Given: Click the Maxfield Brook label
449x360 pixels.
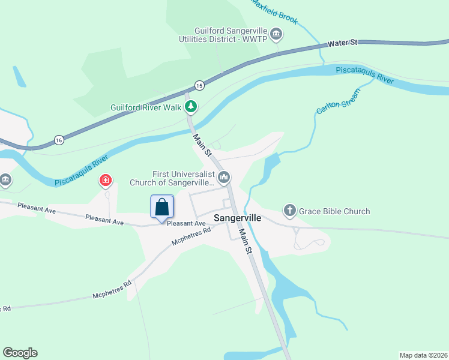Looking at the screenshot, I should [x=274, y=11].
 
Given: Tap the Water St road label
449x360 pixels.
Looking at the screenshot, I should [x=342, y=43].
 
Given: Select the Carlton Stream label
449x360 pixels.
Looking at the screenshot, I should [x=338, y=101].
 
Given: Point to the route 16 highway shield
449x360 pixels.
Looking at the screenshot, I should [x=58, y=139].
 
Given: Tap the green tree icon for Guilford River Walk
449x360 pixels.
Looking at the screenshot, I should [x=191, y=107].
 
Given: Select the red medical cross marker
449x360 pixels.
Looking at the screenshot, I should [x=106, y=180].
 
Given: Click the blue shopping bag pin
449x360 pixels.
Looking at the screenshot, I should [x=162, y=208].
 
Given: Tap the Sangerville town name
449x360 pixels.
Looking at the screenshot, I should [x=238, y=218].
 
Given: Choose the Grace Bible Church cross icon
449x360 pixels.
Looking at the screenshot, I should [x=289, y=211].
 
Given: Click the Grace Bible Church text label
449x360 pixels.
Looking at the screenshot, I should [x=335, y=211].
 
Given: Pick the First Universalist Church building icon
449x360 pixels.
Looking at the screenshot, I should [x=224, y=176].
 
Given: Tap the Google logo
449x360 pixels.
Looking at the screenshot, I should [x=20, y=353].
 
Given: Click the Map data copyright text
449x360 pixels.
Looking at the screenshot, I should [x=423, y=355].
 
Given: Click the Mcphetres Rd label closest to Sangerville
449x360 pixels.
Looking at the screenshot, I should [x=191, y=236].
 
